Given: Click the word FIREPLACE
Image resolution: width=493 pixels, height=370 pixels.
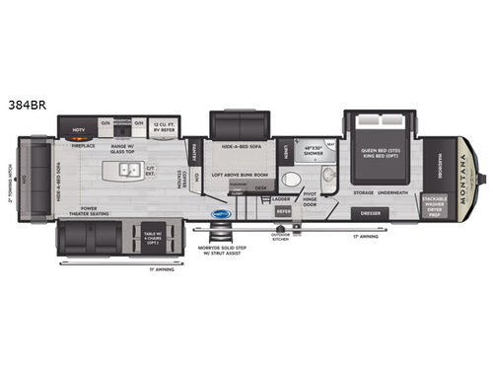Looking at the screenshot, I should [x=84, y=145].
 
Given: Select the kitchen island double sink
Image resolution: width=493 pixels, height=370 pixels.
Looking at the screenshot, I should [x=128, y=170].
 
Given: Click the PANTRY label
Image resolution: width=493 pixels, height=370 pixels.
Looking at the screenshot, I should [x=194, y=151].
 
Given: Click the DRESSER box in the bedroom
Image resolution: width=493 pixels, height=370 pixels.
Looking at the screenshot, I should [x=371, y=212].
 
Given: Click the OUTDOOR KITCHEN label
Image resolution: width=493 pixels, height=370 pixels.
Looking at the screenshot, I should [x=282, y=236].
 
